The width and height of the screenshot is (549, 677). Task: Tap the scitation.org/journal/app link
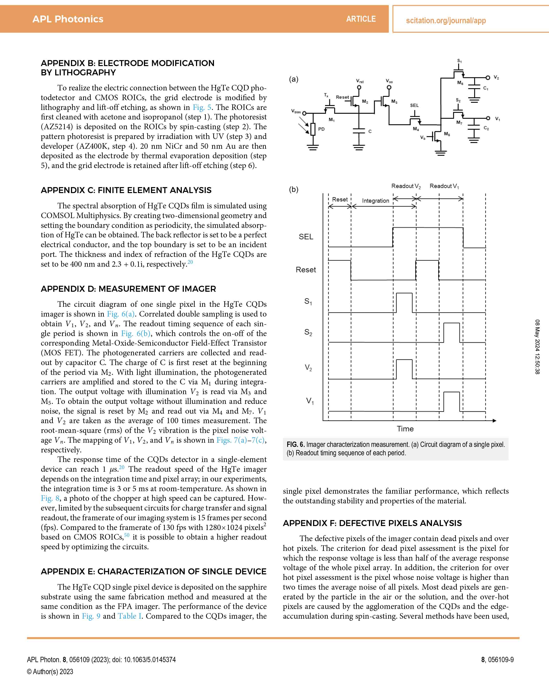coord(446,21)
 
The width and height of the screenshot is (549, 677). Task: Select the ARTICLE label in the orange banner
coord(361,19)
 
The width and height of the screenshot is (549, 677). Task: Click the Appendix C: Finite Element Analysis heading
coord(126,190)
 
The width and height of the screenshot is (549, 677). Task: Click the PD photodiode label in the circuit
coord(321,129)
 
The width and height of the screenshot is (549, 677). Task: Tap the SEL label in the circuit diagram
coord(414,105)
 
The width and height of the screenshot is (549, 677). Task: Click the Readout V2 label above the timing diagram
coord(406,186)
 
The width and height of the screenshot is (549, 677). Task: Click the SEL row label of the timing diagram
coord(306,237)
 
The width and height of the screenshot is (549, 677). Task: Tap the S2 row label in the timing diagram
coord(308,332)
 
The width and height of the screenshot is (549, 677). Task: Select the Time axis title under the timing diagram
coord(405,429)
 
